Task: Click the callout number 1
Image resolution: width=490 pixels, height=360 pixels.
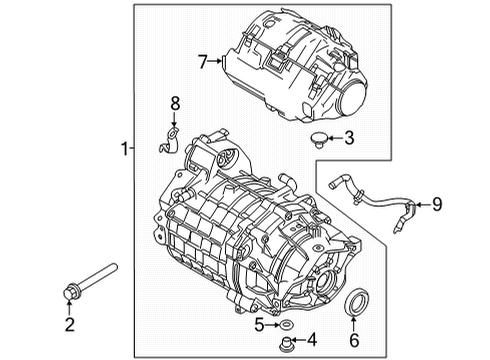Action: coord(124,149)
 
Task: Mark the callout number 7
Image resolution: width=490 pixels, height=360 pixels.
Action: coord(202,62)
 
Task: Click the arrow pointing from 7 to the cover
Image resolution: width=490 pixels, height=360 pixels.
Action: coord(216,62)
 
